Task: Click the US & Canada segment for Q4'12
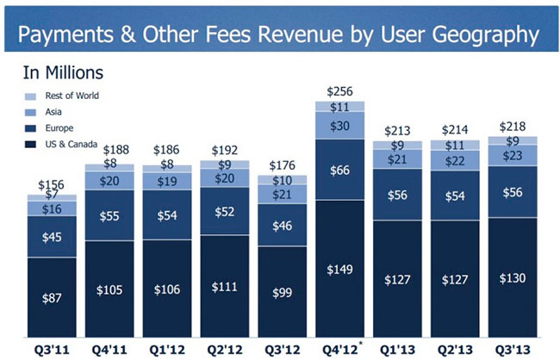click(338, 268)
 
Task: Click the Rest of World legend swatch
click(31, 96)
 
